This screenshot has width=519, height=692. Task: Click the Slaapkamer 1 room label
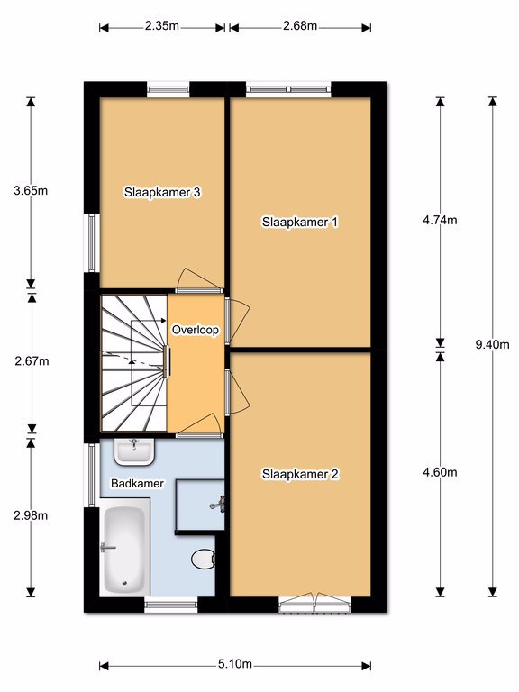coord(300,222)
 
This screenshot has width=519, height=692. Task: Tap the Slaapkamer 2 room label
coord(300,475)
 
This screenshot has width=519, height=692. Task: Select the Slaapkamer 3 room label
coord(162,193)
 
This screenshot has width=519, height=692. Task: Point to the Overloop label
coord(195,330)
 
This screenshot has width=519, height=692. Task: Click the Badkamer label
coord(137,484)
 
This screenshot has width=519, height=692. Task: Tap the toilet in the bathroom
coord(204,560)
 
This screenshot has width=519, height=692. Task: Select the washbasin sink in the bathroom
coord(134,452)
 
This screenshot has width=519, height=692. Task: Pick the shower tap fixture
coord(218,504)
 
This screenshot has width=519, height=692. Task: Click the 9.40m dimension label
coord(492,345)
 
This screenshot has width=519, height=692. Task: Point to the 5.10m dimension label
coord(235,664)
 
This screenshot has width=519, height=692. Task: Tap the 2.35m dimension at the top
coord(162,25)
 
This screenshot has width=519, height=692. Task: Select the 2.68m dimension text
coord(300,25)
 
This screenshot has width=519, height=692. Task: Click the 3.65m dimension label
coord(31,191)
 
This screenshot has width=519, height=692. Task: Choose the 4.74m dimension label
coord(440,220)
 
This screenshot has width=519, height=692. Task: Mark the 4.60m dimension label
coord(440,472)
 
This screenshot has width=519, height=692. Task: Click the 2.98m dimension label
coord(31,515)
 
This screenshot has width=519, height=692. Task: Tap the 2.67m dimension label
coord(32,361)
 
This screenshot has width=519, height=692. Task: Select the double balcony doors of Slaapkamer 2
coord(314,603)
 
